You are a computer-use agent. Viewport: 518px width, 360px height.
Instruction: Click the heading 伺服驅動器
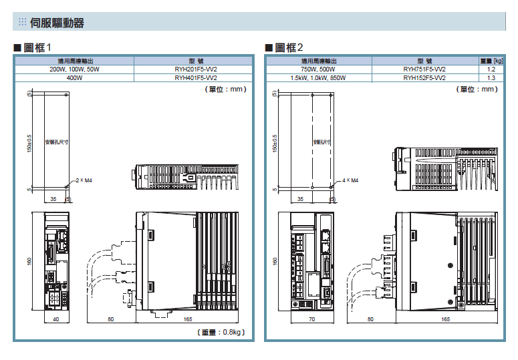pos(57,23)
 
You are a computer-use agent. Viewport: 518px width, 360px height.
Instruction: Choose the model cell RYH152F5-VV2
pos(424,78)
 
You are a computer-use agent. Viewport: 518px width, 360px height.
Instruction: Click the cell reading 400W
pos(74,78)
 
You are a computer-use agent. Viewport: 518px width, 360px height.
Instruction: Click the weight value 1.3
pos(491,78)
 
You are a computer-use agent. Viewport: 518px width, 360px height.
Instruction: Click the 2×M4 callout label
pos(84,180)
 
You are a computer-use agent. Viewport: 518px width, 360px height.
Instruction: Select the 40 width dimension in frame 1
pos(56,319)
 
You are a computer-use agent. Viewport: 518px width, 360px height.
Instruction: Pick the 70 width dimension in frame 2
pos(312,319)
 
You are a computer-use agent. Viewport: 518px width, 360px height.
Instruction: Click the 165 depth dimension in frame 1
pos(188,319)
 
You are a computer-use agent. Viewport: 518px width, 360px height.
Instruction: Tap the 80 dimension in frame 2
pos(370,319)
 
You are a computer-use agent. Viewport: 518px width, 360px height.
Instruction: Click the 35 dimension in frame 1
pos(53,199)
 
